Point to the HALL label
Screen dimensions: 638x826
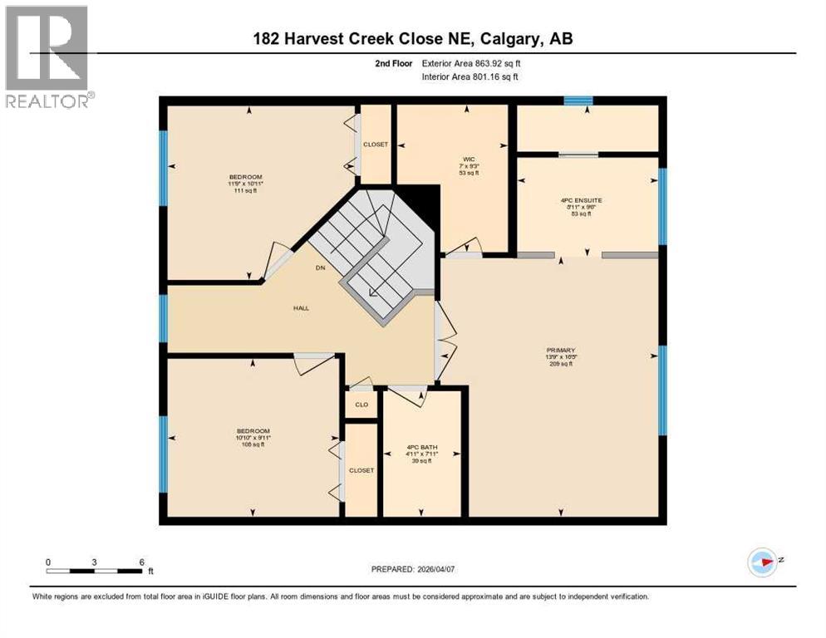(301, 308)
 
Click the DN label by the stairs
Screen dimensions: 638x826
(320, 268)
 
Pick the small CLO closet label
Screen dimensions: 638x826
(361, 405)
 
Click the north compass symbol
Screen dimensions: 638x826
(763, 562)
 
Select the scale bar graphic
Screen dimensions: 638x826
(94, 571)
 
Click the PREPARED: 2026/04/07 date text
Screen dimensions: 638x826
(412, 569)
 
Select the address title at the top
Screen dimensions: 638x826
(413, 38)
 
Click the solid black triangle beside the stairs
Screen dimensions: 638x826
(424, 200)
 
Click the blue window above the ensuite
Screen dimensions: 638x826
(578, 101)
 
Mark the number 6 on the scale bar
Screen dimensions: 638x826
(141, 562)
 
